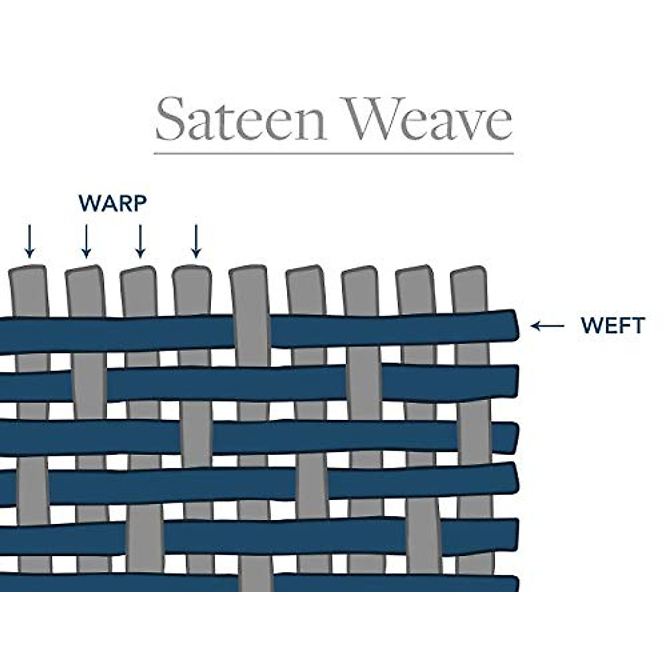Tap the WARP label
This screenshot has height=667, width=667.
click(x=113, y=203)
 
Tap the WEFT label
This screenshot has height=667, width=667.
click(x=613, y=326)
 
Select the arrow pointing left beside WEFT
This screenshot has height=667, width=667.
click(x=547, y=326)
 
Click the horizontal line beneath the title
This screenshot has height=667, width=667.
click(x=333, y=152)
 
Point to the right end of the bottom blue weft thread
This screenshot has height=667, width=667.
click(x=514, y=584)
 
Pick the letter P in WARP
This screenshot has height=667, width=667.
click(x=140, y=203)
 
